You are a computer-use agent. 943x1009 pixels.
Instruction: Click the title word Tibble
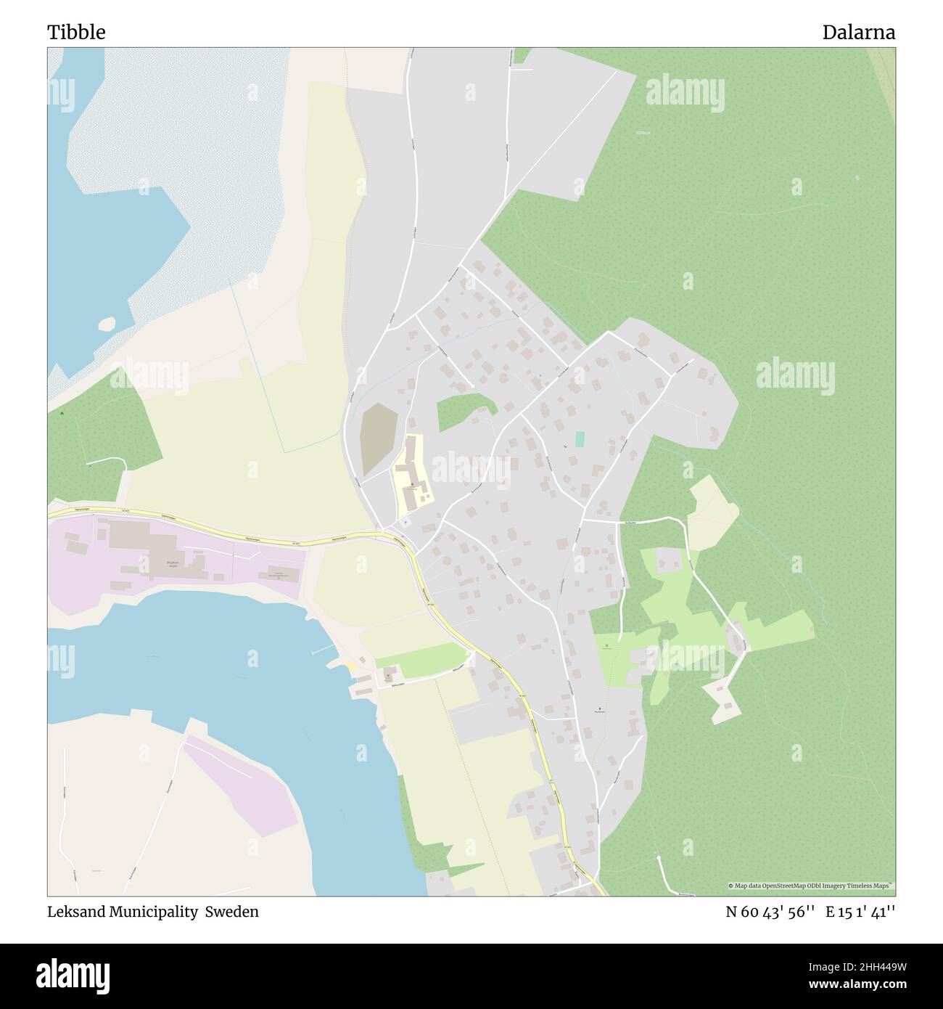click(76, 33)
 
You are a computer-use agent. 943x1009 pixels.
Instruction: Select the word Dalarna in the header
click(858, 33)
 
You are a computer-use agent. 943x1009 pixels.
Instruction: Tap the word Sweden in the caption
click(231, 912)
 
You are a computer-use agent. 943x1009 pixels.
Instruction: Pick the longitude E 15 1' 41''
click(860, 912)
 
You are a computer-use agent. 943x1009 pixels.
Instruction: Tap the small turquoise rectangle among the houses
click(580, 439)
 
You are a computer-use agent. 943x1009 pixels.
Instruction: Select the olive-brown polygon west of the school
click(378, 437)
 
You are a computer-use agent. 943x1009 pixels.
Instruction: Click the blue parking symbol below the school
click(405, 523)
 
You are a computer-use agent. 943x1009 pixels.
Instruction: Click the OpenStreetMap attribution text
click(811, 886)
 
